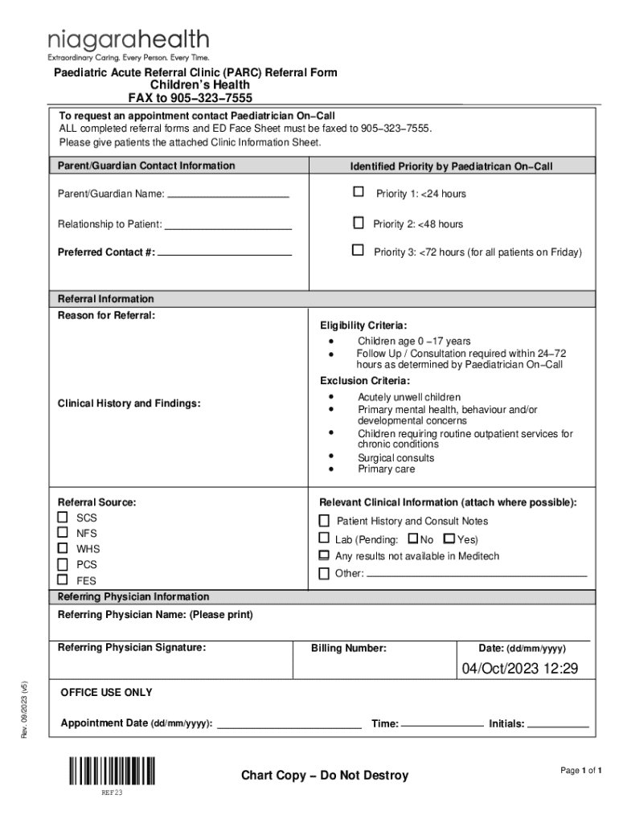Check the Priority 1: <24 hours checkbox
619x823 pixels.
coord(358,192)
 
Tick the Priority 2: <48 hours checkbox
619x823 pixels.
coord(358,223)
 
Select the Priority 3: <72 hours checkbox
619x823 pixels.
coord(358,251)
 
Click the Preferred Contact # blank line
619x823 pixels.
coord(224,254)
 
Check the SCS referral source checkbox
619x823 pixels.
coord(63,517)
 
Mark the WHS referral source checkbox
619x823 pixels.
coord(63,548)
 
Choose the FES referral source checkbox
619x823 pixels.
coord(63,579)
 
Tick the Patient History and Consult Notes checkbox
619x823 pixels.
coord(324,520)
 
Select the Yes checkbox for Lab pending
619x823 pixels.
coord(449,538)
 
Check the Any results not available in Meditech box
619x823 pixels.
coord(324,555)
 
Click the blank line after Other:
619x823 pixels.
coord(477,575)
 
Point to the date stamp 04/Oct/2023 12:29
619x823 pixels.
coord(519,669)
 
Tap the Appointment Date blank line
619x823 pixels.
coord(289,726)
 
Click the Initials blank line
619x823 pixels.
coord(558,726)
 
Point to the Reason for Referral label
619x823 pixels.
coord(106,315)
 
